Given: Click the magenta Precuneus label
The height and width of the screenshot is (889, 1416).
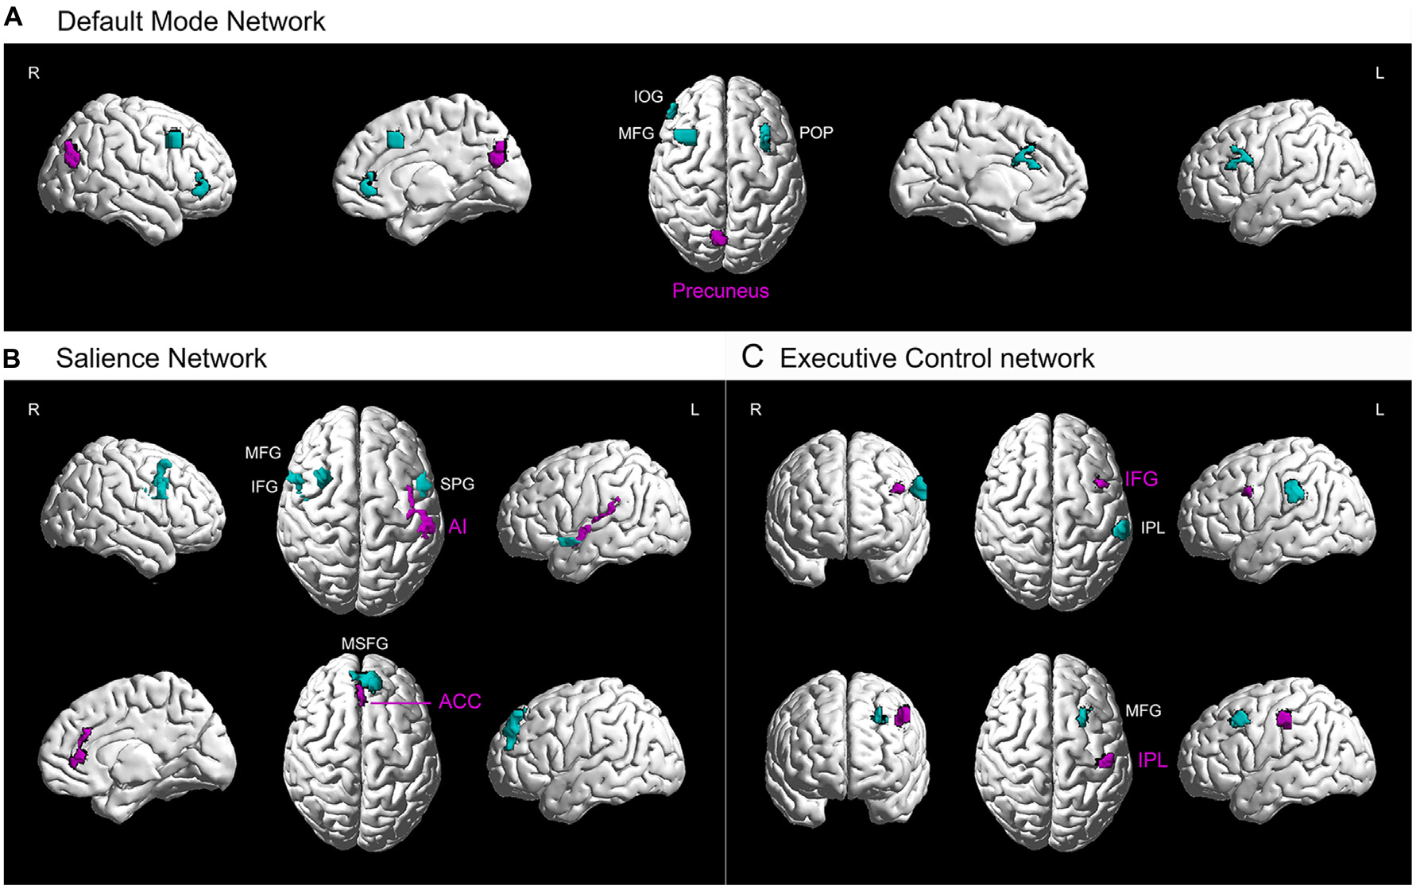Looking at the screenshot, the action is tap(720, 291).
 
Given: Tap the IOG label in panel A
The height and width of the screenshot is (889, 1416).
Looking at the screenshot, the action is tap(648, 97).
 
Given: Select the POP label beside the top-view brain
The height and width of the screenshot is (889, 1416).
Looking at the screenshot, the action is tap(815, 133).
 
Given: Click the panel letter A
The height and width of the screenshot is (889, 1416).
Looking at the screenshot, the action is tap(14, 17).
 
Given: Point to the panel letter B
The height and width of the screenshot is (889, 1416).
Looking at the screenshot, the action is tap(12, 358).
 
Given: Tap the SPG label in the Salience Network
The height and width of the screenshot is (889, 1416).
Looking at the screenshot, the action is tap(457, 484).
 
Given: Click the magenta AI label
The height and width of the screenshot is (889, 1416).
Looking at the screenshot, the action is tap(458, 526).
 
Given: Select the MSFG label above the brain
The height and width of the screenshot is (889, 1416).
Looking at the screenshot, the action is tap(365, 644).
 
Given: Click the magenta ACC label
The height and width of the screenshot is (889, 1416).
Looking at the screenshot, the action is tap(459, 702).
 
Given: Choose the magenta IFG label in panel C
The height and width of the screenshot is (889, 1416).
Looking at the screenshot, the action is tap(1140, 479).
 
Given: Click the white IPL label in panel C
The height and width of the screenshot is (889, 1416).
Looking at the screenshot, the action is tap(1152, 528).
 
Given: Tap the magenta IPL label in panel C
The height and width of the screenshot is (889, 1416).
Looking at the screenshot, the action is tap(1152, 760).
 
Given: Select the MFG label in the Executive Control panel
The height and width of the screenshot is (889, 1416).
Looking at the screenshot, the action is tap(1143, 711).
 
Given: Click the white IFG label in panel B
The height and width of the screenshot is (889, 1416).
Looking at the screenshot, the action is tap(265, 486).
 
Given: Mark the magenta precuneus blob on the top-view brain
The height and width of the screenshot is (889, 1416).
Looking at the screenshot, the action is tap(718, 237).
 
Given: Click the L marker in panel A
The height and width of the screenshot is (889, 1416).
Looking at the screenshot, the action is tap(1379, 73).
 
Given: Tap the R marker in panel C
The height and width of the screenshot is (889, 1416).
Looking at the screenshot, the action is tap(755, 410).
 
